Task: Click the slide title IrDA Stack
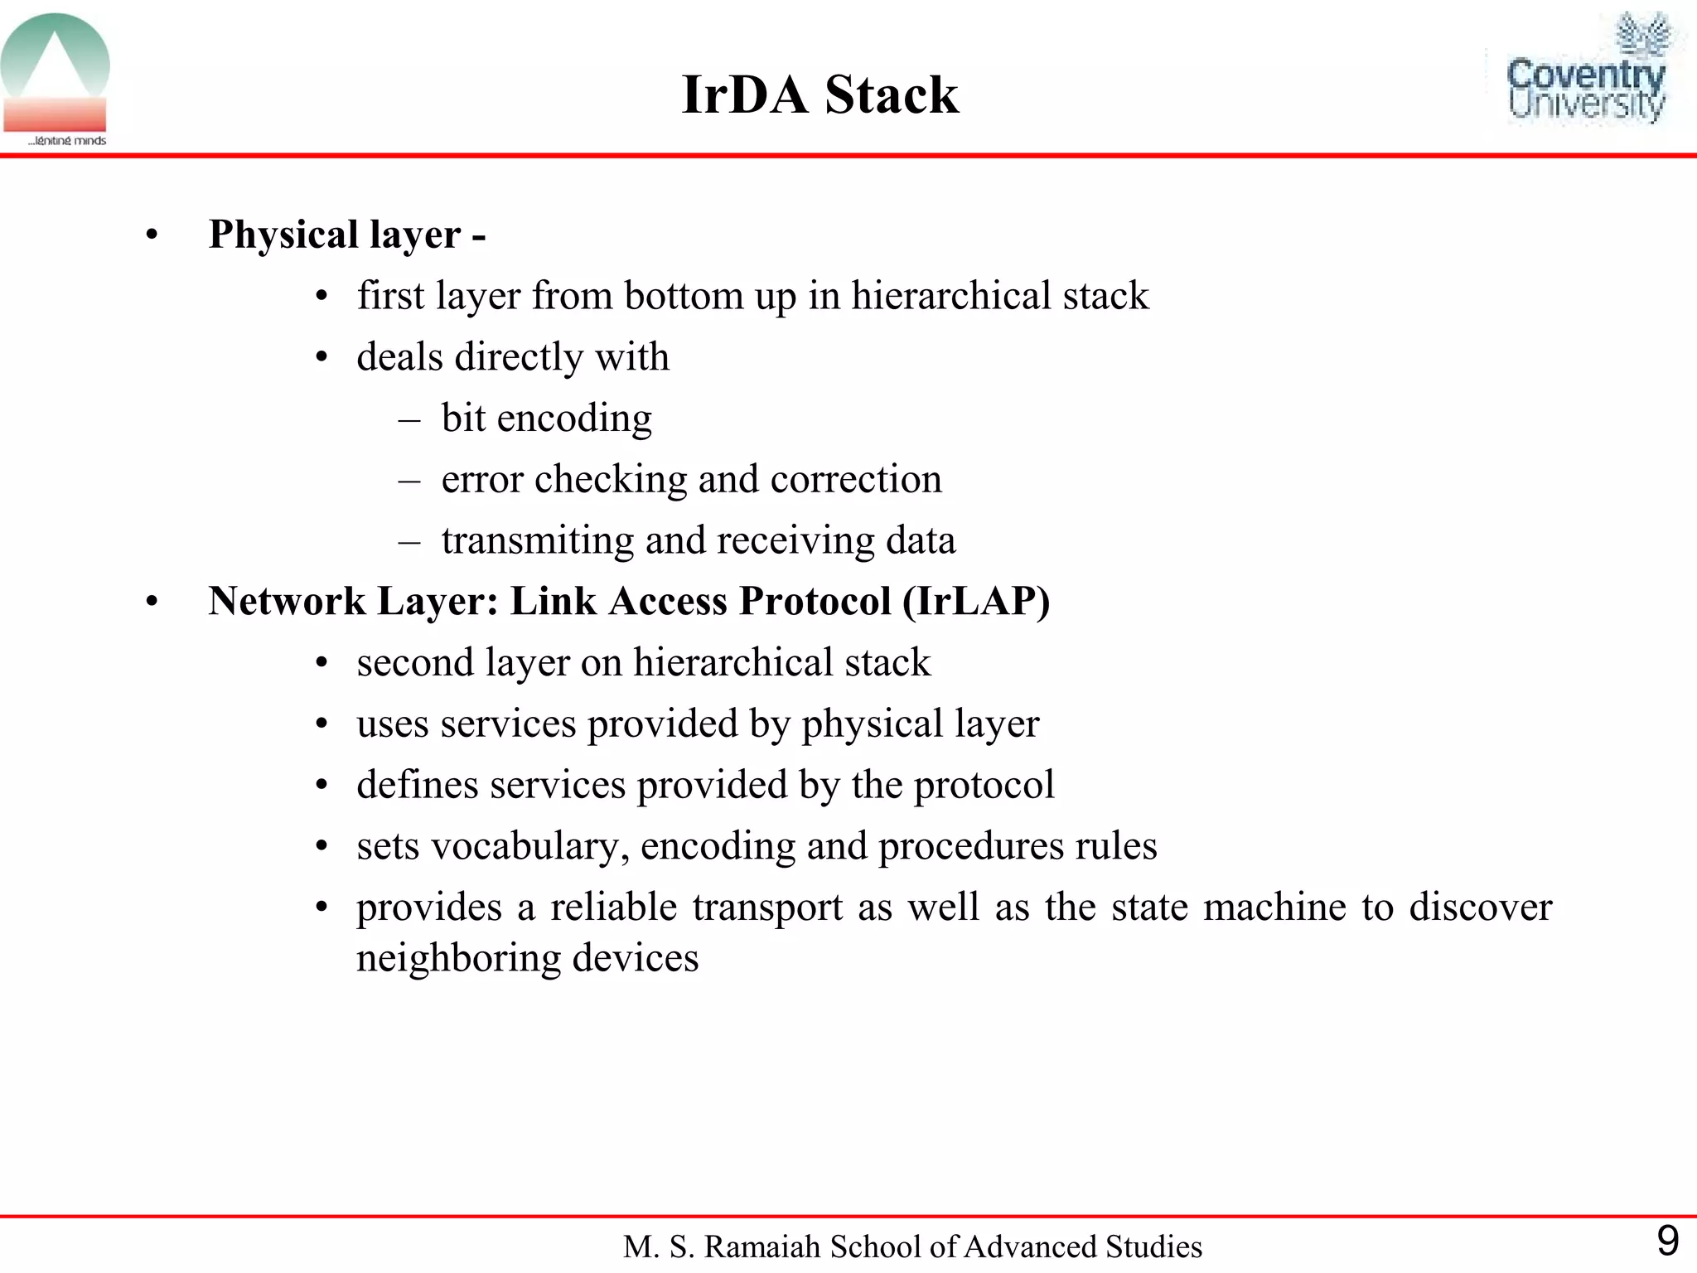tap(819, 94)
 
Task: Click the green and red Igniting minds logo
tap(56, 79)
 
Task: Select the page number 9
tap(1667, 1242)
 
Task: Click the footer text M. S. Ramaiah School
tap(912, 1246)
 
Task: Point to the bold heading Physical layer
tap(335, 235)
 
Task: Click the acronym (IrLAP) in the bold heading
tap(976, 601)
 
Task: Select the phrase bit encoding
tap(546, 418)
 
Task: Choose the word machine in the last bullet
tap(1274, 907)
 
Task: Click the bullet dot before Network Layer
tap(152, 603)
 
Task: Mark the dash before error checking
tap(409, 480)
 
